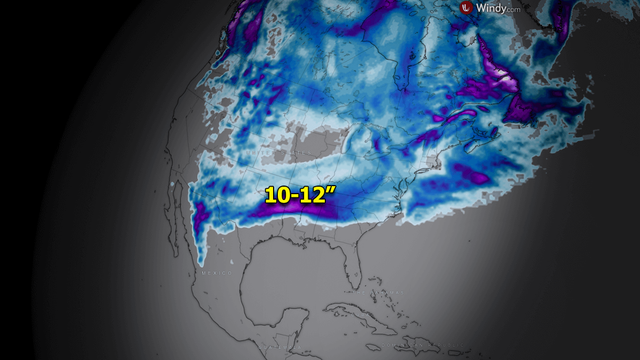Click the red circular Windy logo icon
pyautogui.click(x=467, y=7)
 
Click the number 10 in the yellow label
pyautogui.click(x=277, y=195)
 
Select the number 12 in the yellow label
pyautogui.click(x=314, y=195)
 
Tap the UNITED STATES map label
pyautogui.click(x=277, y=153)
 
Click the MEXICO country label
pyautogui.click(x=217, y=273)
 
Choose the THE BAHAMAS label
pyautogui.click(x=377, y=293)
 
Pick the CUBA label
pyautogui.click(x=359, y=315)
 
